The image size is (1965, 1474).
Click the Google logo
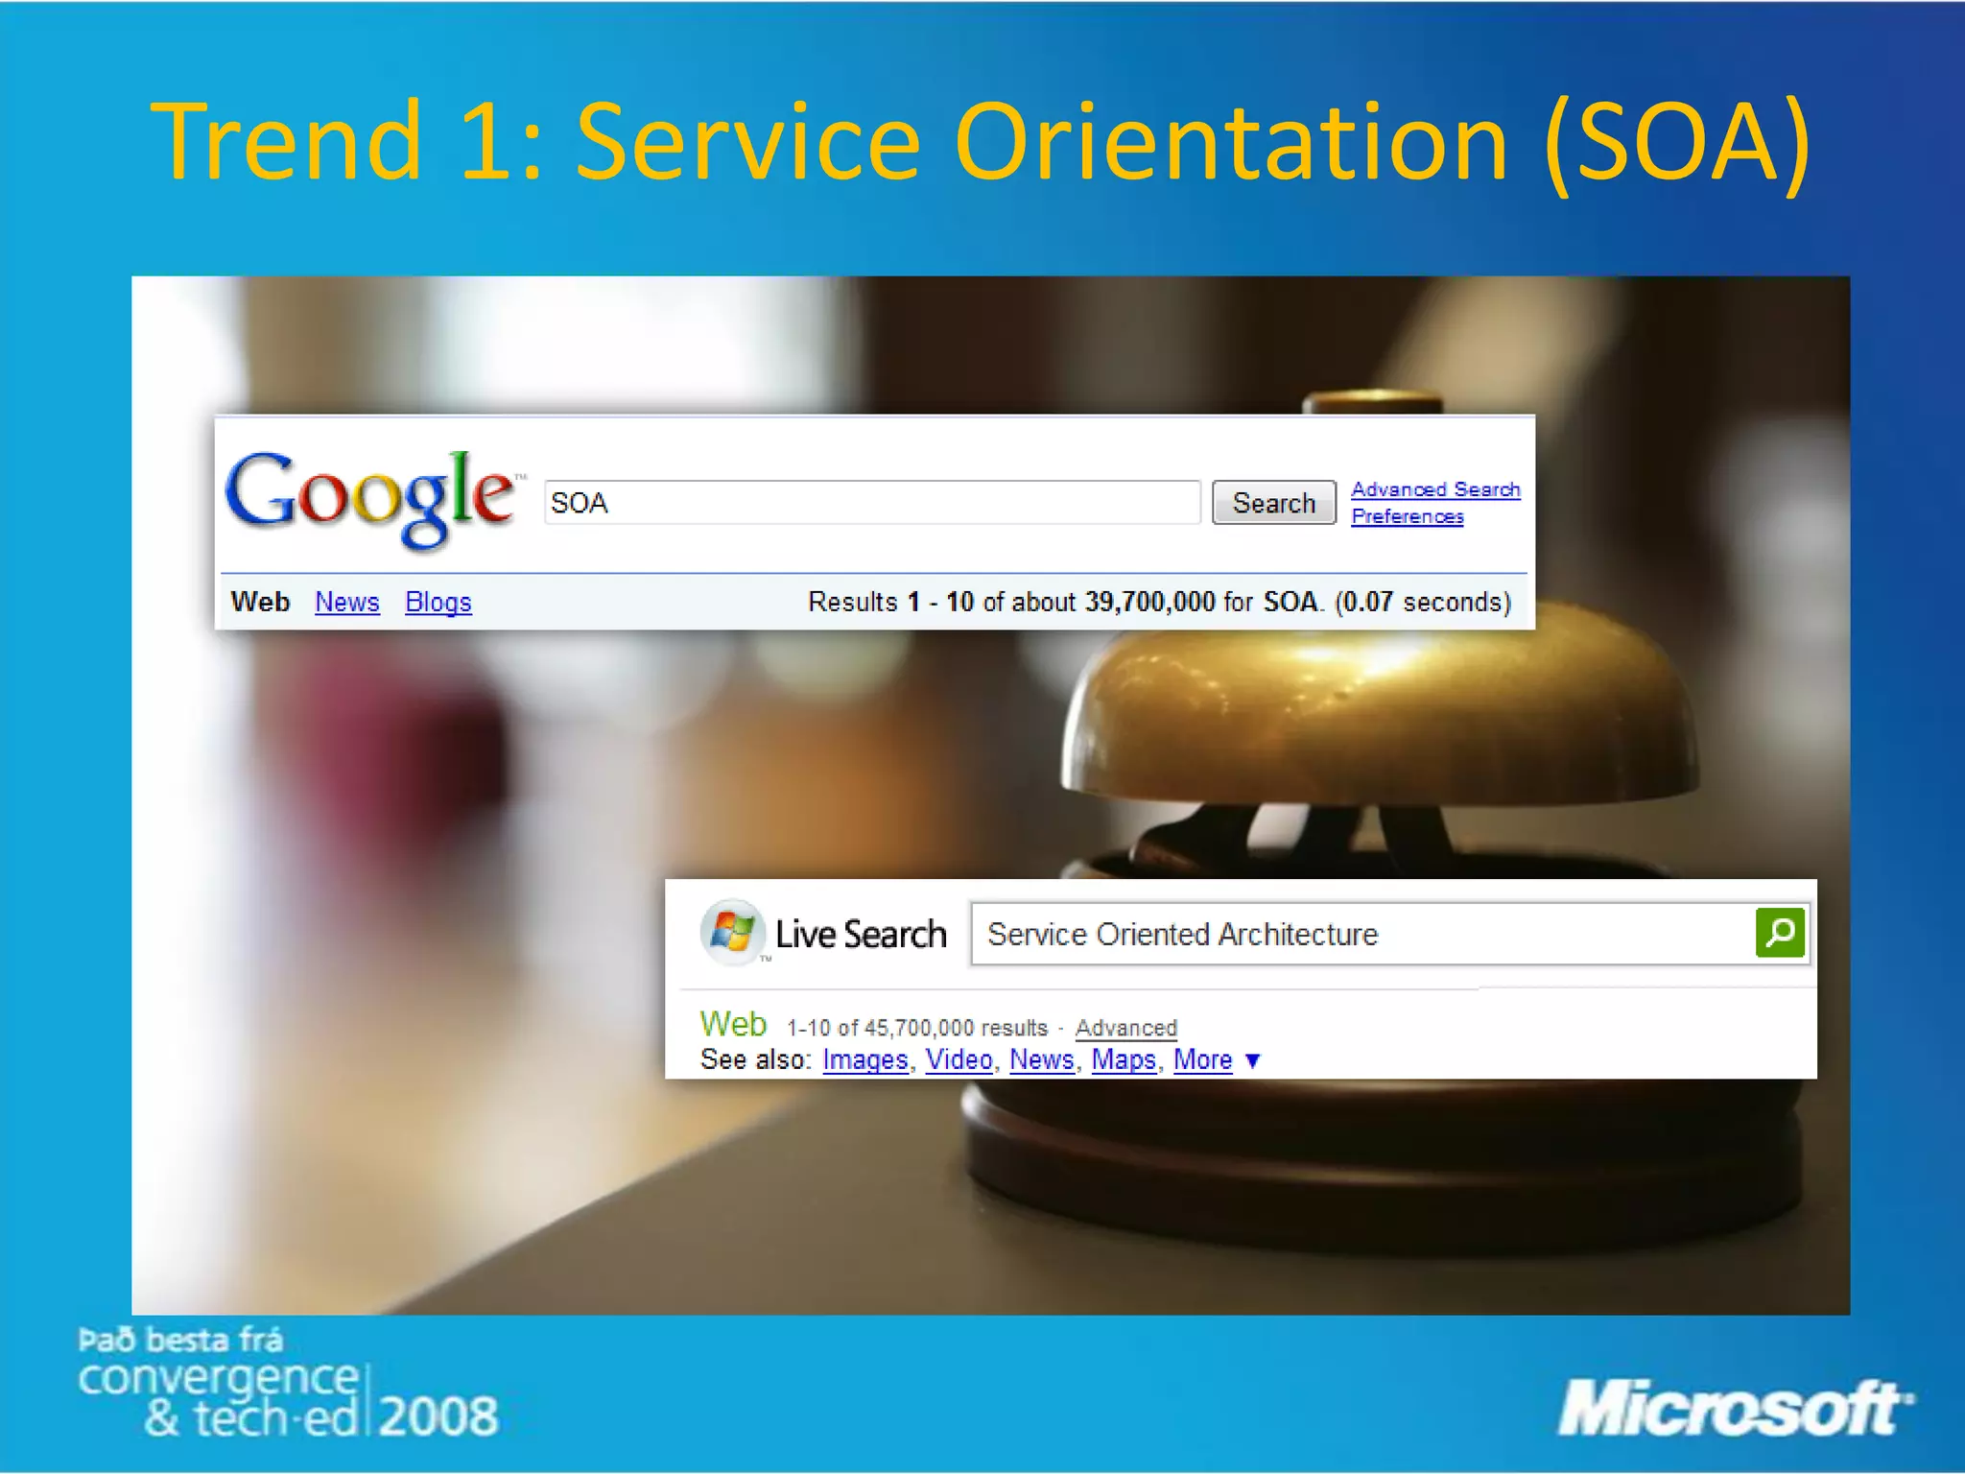click(x=370, y=497)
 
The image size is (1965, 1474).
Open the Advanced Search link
click(x=1435, y=489)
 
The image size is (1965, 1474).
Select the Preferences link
click(x=1407, y=516)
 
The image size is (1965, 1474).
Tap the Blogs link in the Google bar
click(x=438, y=602)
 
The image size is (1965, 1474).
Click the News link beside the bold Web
click(x=346, y=602)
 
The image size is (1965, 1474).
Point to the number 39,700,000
click(x=1149, y=602)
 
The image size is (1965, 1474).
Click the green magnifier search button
click(x=1779, y=933)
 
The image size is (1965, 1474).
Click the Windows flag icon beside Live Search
click(x=732, y=931)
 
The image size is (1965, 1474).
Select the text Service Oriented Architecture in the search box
click(x=1182, y=934)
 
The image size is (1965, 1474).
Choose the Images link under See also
click(x=864, y=1059)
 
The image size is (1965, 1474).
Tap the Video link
click(x=958, y=1059)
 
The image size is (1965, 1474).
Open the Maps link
click(x=1123, y=1059)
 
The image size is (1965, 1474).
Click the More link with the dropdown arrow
click(x=1203, y=1059)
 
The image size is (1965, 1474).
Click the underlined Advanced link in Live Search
click(x=1125, y=1028)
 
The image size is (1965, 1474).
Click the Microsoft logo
click(x=1733, y=1409)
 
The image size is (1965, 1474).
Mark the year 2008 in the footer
click(x=438, y=1415)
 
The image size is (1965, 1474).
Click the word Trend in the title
click(x=286, y=142)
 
